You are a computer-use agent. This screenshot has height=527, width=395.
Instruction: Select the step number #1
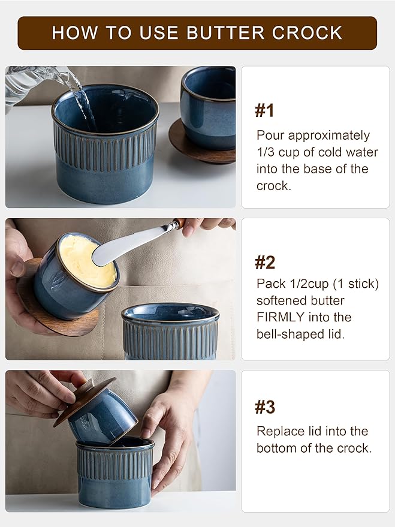[x=265, y=110]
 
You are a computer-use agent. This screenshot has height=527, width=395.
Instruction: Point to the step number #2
[x=265, y=262]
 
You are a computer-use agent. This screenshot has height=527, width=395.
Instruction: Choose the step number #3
[x=265, y=408]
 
